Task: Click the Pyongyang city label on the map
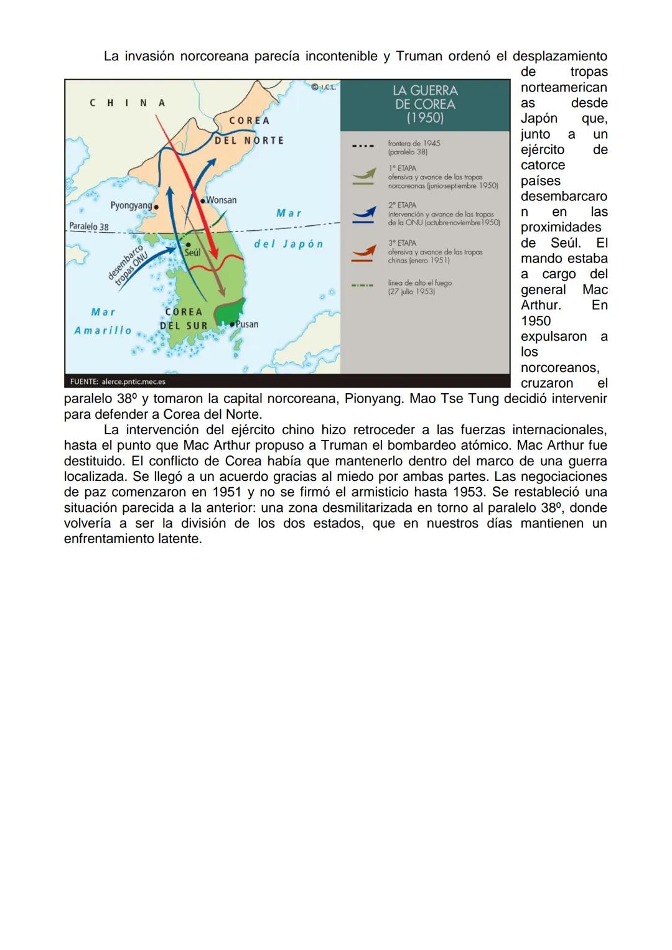pos(131,205)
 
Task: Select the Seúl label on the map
pos(192,253)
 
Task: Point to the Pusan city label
pos(247,324)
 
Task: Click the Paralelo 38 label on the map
pos(89,227)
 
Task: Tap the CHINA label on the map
pos(128,103)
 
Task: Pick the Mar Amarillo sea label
pos(103,321)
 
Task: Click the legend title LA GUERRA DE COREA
pos(425,104)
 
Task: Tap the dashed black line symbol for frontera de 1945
pos(363,147)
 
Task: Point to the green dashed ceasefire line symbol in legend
pos(363,286)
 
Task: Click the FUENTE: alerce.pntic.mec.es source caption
pos(118,381)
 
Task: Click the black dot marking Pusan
pos(231,324)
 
